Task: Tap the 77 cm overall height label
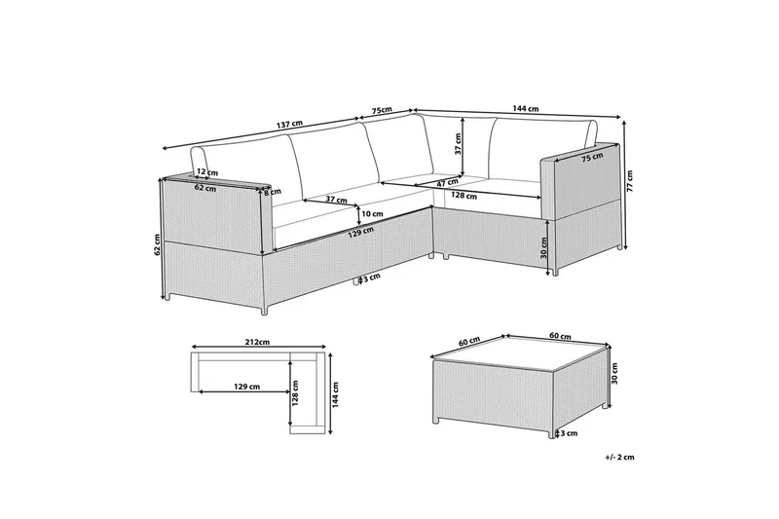[x=630, y=181]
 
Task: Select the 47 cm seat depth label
[x=448, y=182]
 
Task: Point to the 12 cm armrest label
[x=207, y=171]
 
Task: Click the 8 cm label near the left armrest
[x=273, y=192]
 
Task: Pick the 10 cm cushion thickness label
[x=373, y=214]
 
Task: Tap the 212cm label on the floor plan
[x=258, y=342]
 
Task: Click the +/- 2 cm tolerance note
[x=620, y=458]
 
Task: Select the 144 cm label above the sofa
[x=526, y=109]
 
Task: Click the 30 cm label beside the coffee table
[x=614, y=373]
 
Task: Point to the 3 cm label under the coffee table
[x=569, y=433]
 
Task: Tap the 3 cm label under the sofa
[x=372, y=278]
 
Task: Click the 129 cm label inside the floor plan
[x=246, y=387]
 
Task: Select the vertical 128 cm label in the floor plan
[x=296, y=392]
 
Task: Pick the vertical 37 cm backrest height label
[x=458, y=144]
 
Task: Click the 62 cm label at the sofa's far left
[x=157, y=243]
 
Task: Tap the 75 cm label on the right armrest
[x=592, y=157]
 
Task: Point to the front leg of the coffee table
[x=552, y=434]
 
